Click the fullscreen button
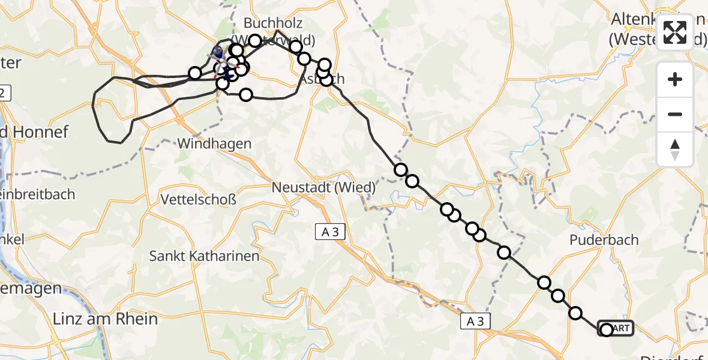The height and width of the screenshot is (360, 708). click(x=675, y=32)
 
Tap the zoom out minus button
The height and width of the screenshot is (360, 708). click(x=675, y=114)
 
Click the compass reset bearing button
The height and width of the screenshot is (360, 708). click(x=675, y=149)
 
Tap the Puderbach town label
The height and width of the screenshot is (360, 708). click(x=604, y=240)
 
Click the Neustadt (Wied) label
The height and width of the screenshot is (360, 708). click(x=323, y=187)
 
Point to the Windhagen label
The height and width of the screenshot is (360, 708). click(x=214, y=144)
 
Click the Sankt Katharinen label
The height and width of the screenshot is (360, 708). click(x=204, y=256)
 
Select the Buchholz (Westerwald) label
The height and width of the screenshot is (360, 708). click(x=279, y=31)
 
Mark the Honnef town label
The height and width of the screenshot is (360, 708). click(x=36, y=131)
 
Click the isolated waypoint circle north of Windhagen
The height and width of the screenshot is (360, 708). click(x=246, y=95)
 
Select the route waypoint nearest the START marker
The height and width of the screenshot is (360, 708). click(x=575, y=313)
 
